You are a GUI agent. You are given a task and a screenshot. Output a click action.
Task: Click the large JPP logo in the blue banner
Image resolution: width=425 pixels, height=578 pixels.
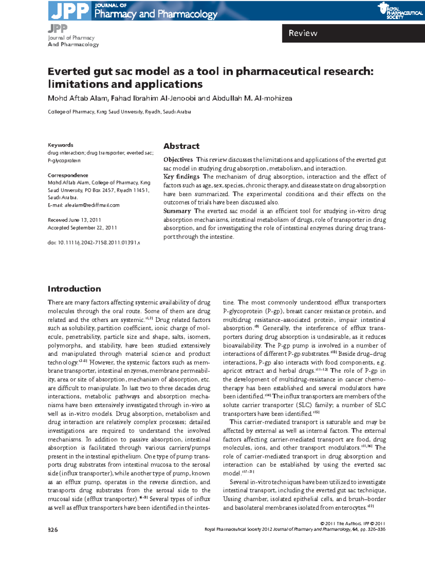(x=70, y=11)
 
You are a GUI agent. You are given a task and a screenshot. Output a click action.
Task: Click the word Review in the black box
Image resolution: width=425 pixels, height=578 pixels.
(x=303, y=33)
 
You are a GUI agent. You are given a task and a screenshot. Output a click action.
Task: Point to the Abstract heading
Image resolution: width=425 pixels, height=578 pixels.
(x=181, y=146)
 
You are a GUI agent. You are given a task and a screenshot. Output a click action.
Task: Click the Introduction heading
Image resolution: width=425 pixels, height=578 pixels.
(x=74, y=289)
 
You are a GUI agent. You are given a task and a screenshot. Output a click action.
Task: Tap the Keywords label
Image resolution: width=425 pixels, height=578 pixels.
(x=61, y=145)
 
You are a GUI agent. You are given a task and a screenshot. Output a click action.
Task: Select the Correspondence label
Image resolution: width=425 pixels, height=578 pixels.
(x=68, y=175)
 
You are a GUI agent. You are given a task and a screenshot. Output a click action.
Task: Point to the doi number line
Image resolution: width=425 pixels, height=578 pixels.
(x=94, y=243)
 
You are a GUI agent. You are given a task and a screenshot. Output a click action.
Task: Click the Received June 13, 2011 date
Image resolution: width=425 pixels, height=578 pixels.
(x=74, y=220)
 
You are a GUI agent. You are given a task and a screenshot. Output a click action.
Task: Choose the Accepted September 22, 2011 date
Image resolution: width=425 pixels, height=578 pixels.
(x=82, y=228)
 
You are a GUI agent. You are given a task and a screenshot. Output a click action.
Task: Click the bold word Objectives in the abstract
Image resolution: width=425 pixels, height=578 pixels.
(x=178, y=160)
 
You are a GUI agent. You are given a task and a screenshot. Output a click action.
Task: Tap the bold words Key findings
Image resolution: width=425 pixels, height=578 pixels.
(x=181, y=177)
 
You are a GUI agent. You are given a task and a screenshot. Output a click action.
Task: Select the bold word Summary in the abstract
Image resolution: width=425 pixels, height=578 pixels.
(x=177, y=211)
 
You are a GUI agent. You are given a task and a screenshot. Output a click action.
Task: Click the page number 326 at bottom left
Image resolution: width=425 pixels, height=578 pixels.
(x=53, y=530)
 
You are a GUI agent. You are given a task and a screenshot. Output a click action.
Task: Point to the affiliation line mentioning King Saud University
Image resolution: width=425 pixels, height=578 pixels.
(x=119, y=112)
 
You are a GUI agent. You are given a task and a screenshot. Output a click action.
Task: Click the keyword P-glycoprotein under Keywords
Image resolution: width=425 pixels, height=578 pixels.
(x=64, y=161)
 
